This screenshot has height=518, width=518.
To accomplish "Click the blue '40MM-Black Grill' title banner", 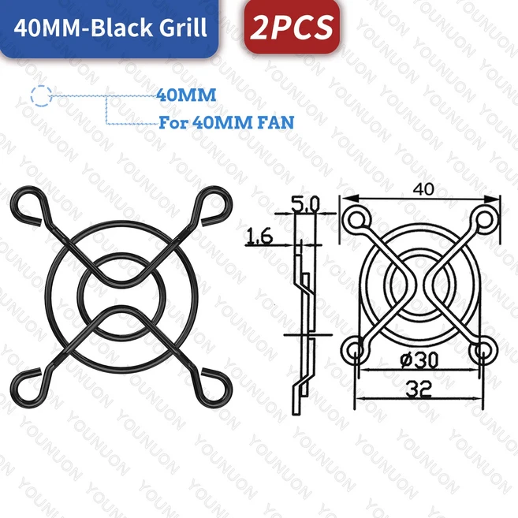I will click(108, 28).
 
